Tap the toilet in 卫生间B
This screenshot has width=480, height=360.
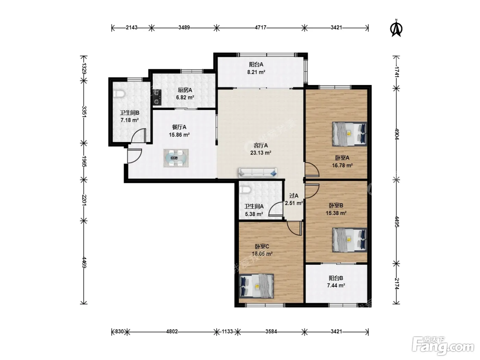click(119, 94)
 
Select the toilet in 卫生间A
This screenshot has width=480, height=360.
click(245, 190)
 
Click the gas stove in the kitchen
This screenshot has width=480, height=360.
click(157, 97)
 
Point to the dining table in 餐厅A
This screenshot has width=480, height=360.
click(176, 158)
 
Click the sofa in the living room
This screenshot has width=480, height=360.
click(258, 173)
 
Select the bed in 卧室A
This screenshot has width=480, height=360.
click(349, 134)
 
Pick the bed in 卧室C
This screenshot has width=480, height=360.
click(256, 286)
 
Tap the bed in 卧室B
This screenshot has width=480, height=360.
click(349, 240)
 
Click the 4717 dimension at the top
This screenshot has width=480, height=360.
click(261, 27)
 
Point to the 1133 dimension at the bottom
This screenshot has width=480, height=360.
click(227, 332)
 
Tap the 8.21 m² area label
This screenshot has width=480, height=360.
click(256, 72)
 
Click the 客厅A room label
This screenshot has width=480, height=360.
click(261, 145)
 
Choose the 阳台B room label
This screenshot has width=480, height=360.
click(336, 278)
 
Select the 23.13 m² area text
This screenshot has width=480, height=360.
click(261, 153)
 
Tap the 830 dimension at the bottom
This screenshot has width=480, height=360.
click(119, 332)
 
